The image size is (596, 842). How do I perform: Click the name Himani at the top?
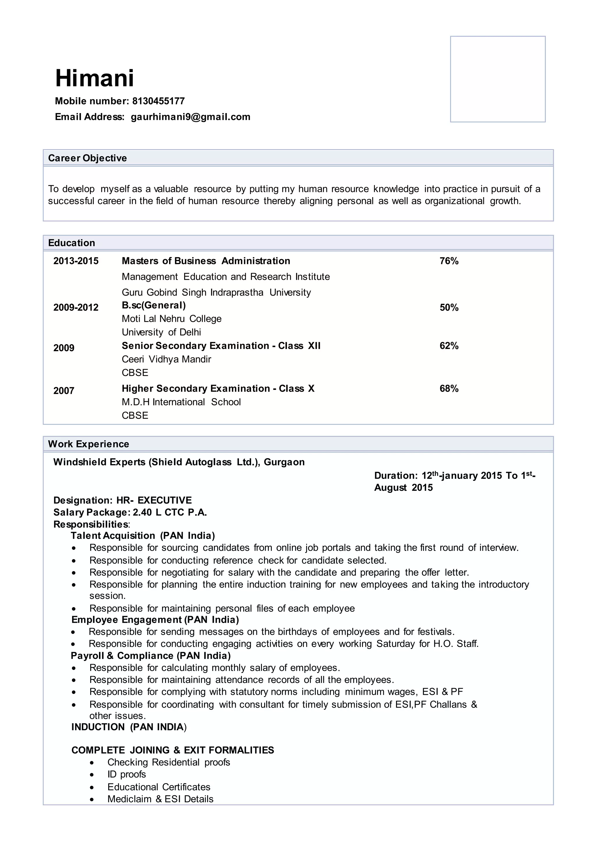coord(94,78)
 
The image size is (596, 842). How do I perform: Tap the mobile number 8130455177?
coord(158,101)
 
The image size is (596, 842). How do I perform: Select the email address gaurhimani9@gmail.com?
coord(191,117)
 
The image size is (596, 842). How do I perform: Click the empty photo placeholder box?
coord(497,79)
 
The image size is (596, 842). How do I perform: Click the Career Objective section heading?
coord(87,158)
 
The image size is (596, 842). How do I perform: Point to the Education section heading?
coord(72,243)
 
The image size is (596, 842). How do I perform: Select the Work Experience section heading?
coord(88,444)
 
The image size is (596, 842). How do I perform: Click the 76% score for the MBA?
coord(449,261)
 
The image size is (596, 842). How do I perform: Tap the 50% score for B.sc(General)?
coord(449,307)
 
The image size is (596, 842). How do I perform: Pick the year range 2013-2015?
coord(76,261)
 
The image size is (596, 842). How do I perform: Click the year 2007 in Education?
coord(64,390)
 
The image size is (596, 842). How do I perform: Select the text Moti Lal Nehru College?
coord(171,319)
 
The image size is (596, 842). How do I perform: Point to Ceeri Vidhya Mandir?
coord(166,359)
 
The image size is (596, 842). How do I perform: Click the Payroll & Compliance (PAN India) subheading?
coord(150,655)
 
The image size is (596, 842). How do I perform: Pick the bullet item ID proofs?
coord(127,774)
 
